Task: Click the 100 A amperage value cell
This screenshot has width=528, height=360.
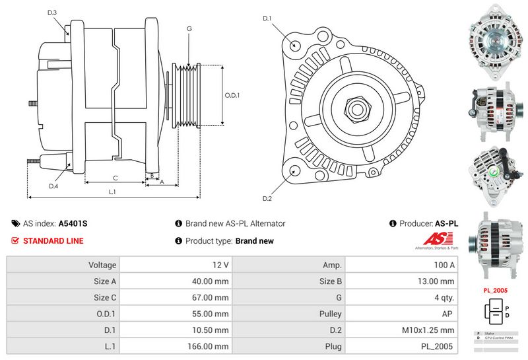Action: click(401, 265)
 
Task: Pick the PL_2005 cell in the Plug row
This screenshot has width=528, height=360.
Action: click(401, 345)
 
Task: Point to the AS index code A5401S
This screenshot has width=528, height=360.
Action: click(73, 223)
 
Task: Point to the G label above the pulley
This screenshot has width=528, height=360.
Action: click(189, 29)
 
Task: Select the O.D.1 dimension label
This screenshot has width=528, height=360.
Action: click(232, 95)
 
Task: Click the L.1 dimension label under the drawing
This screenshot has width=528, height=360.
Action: click(113, 192)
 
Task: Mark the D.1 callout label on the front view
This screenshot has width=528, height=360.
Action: click(267, 18)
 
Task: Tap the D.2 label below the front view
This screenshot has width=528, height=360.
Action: click(267, 199)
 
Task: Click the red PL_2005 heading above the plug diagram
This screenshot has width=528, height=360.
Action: click(496, 289)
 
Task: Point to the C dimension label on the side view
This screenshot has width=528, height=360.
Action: click(115, 177)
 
